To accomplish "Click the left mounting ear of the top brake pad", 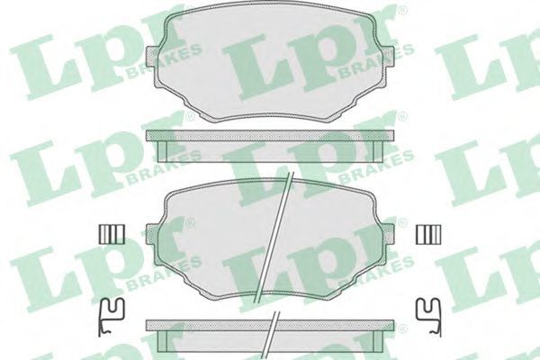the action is (154, 57).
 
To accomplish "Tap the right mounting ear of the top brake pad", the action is (387, 57).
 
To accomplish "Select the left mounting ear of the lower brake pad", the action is (154, 234).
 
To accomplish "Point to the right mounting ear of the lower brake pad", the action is (387, 234).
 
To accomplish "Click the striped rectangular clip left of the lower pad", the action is (112, 235).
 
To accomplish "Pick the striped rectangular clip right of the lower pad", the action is (428, 235).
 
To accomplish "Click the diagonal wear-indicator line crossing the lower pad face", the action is (274, 237).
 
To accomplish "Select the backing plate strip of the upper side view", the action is (270, 135).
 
